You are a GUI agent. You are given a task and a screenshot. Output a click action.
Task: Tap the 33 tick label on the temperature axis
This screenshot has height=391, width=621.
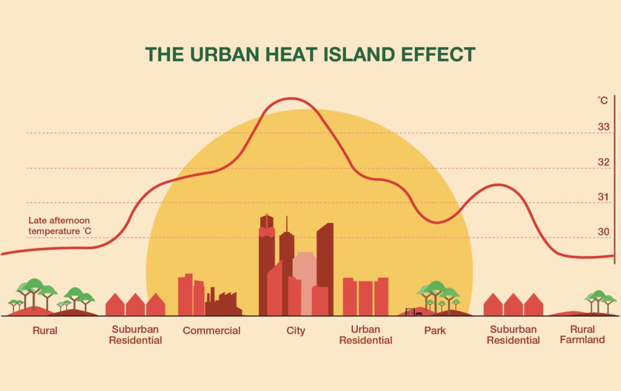point(603,127)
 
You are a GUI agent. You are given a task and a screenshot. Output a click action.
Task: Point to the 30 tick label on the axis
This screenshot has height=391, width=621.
point(603,232)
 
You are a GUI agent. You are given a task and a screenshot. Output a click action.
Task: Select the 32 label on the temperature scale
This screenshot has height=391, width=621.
point(603,162)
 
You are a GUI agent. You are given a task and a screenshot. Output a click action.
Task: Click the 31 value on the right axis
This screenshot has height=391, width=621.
point(603,197)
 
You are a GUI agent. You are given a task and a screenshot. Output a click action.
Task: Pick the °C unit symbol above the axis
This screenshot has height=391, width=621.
point(602,101)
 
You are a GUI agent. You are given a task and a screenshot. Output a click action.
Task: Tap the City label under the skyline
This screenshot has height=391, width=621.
point(296,331)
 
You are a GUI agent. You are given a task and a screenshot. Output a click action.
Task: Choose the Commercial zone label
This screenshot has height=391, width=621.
point(212,331)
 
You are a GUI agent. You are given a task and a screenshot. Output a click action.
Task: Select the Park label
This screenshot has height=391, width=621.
point(435,331)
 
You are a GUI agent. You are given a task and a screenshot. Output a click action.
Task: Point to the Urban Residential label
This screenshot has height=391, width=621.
point(365,335)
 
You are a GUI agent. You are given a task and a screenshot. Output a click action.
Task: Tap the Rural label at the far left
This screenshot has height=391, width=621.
point(45,331)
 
